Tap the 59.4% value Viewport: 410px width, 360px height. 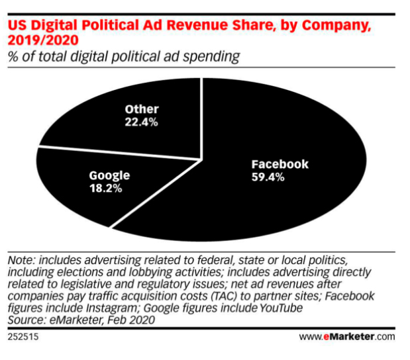tap(268, 177)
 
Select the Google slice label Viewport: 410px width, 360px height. tap(109, 175)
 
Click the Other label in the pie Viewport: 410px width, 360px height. tap(142, 109)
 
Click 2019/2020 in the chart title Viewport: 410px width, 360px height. tap(39, 41)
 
